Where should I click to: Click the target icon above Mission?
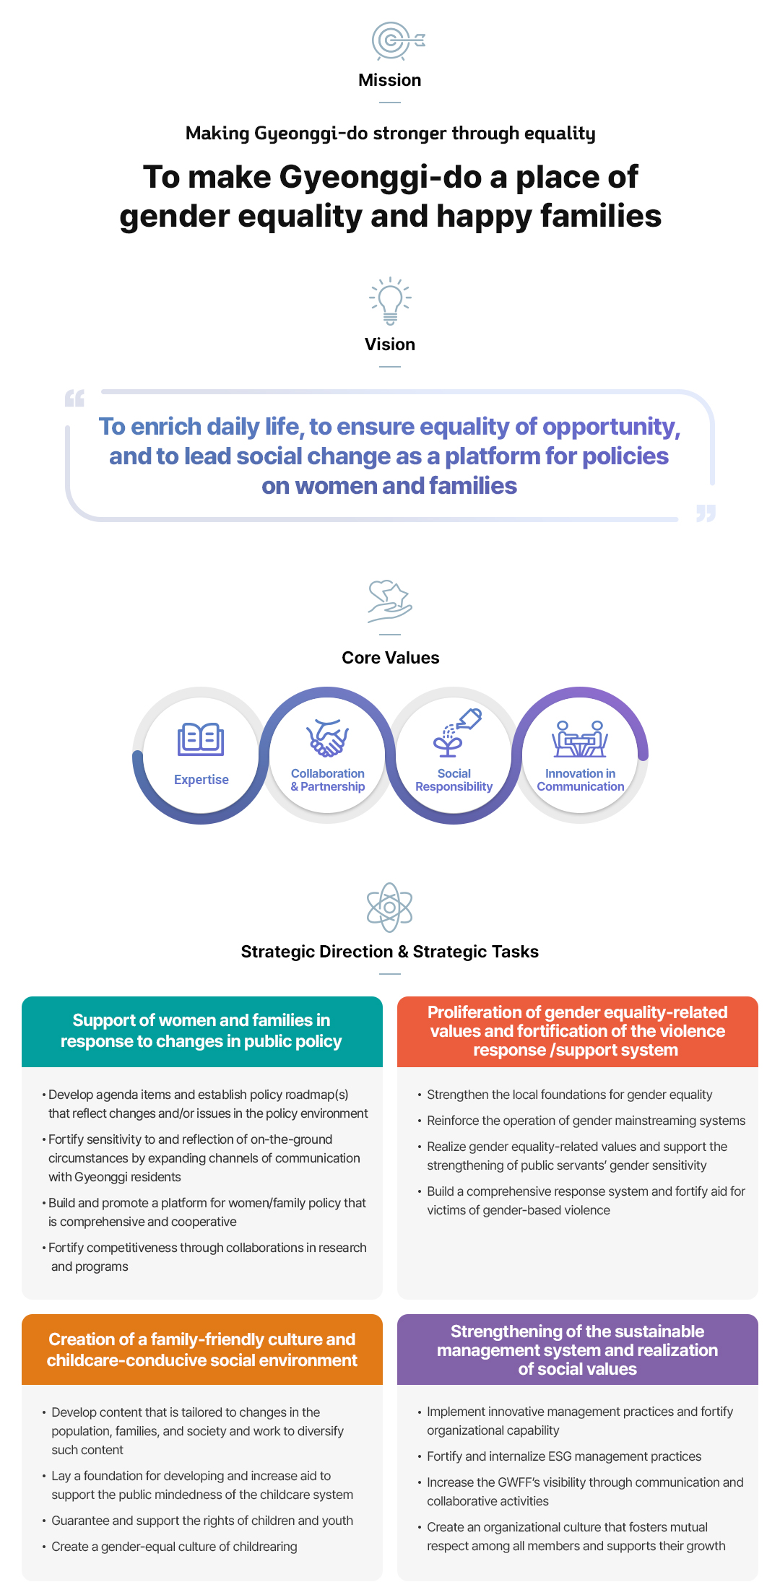398,40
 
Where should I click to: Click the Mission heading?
390,80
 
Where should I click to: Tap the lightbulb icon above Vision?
390,300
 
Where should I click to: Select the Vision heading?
390,344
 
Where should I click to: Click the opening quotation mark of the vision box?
74,398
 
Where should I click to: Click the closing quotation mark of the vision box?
706,513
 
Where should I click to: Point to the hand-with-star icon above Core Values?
390,601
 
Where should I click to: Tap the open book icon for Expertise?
201,739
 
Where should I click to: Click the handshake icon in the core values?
328,738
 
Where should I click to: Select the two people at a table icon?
580,738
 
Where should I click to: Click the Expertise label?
201,780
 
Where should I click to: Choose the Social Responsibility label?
454,780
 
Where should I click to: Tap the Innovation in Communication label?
581,780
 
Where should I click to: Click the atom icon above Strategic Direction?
390,908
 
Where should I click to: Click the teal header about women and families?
202,1032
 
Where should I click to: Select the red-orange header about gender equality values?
578,1032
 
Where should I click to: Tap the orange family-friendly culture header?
202,1350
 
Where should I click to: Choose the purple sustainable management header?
578,1350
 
